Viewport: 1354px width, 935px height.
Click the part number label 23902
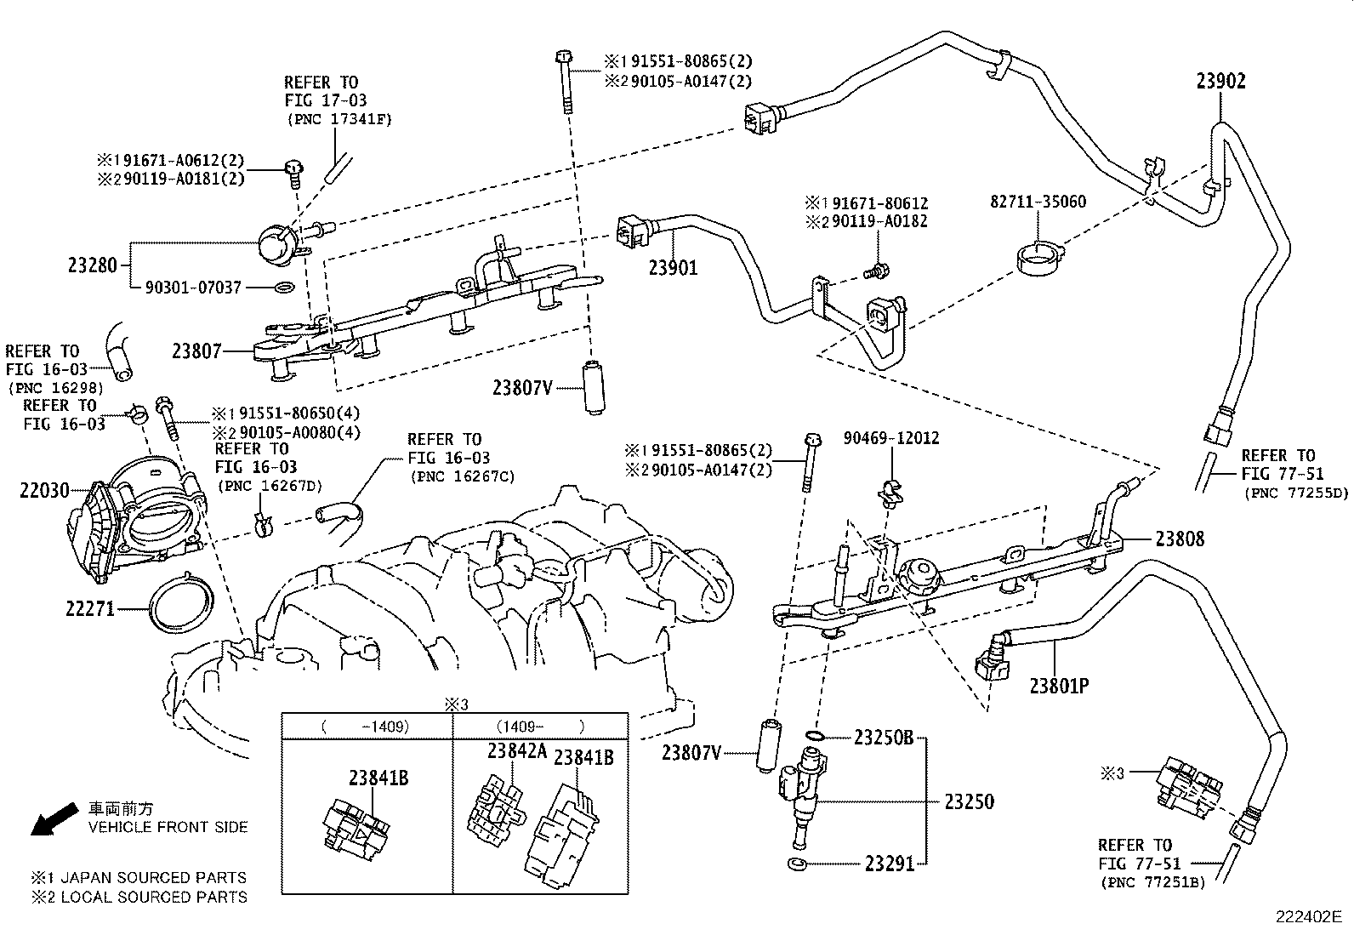(x=1221, y=81)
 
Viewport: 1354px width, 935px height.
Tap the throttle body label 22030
(x=44, y=490)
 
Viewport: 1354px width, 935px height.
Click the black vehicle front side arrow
(x=55, y=819)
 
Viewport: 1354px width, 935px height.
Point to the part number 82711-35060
(x=1038, y=202)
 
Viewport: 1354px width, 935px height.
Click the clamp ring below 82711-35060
(x=1039, y=259)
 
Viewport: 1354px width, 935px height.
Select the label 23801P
(x=1059, y=686)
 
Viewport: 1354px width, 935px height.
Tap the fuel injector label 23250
(x=969, y=802)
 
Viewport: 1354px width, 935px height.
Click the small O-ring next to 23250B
(x=814, y=736)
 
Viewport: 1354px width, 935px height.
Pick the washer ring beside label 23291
(x=797, y=864)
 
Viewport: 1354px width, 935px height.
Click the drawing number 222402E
(x=1309, y=917)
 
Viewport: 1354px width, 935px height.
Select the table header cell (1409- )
(x=540, y=727)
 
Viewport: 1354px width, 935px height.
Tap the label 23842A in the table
(x=517, y=750)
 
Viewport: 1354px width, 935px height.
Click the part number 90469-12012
(x=891, y=438)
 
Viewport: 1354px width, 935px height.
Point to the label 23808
(x=1180, y=539)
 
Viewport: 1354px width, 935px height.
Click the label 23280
(x=93, y=265)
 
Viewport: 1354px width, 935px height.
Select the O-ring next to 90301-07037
(x=285, y=287)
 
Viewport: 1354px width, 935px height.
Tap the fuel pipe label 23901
(x=674, y=267)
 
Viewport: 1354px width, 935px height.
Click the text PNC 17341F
(x=339, y=119)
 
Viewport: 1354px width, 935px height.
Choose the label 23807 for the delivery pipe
(x=197, y=351)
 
